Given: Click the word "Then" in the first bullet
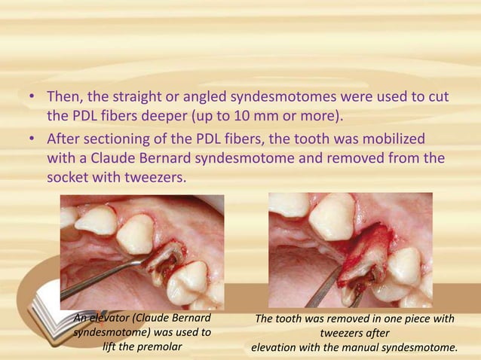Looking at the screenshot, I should (x=66, y=99).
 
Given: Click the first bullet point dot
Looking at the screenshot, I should (x=29, y=99).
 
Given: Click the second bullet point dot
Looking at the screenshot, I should (x=29, y=141).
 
